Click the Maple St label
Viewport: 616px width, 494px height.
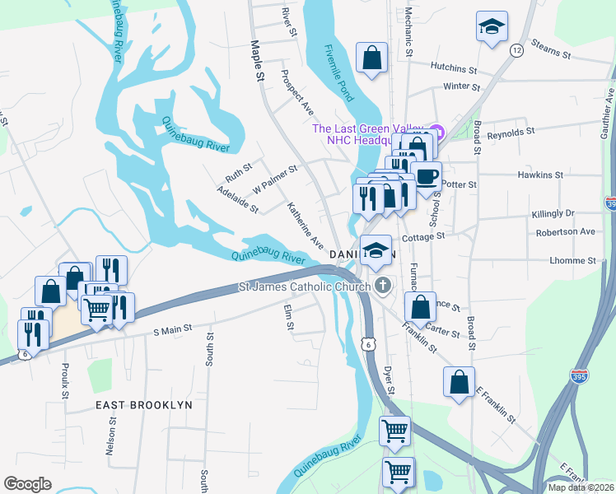(x=256, y=61)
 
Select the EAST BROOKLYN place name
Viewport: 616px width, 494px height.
(x=143, y=405)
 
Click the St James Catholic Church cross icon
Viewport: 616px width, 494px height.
(x=381, y=286)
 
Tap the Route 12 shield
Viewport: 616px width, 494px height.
(x=516, y=51)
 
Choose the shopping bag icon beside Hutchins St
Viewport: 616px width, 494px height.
(x=371, y=58)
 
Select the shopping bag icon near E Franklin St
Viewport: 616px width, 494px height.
(x=459, y=382)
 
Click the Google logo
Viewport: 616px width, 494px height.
(x=28, y=484)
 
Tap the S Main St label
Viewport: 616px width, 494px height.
(x=173, y=329)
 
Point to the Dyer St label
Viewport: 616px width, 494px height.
(x=390, y=379)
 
